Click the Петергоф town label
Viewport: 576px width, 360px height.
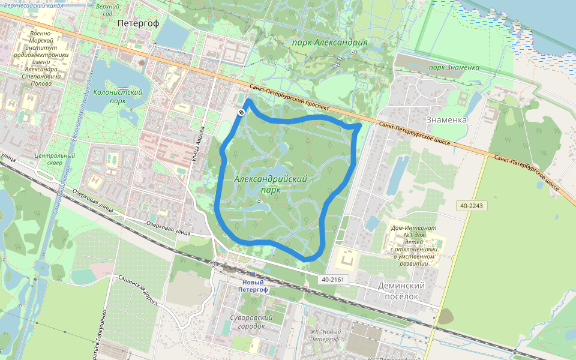click(x=138, y=23)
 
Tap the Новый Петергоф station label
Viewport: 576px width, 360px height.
click(x=252, y=286)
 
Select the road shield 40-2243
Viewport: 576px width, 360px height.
click(x=472, y=206)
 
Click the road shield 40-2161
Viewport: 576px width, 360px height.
click(x=333, y=280)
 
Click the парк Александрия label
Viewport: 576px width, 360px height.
click(x=329, y=43)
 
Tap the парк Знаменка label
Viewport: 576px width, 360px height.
click(x=454, y=67)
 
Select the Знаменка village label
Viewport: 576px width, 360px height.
click(x=446, y=119)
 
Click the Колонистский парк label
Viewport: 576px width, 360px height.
click(x=118, y=97)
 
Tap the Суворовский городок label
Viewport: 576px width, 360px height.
click(x=251, y=322)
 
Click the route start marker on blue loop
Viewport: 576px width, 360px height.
click(x=241, y=112)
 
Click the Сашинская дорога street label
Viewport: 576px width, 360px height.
click(x=137, y=292)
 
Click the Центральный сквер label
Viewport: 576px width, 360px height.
click(x=55, y=159)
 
